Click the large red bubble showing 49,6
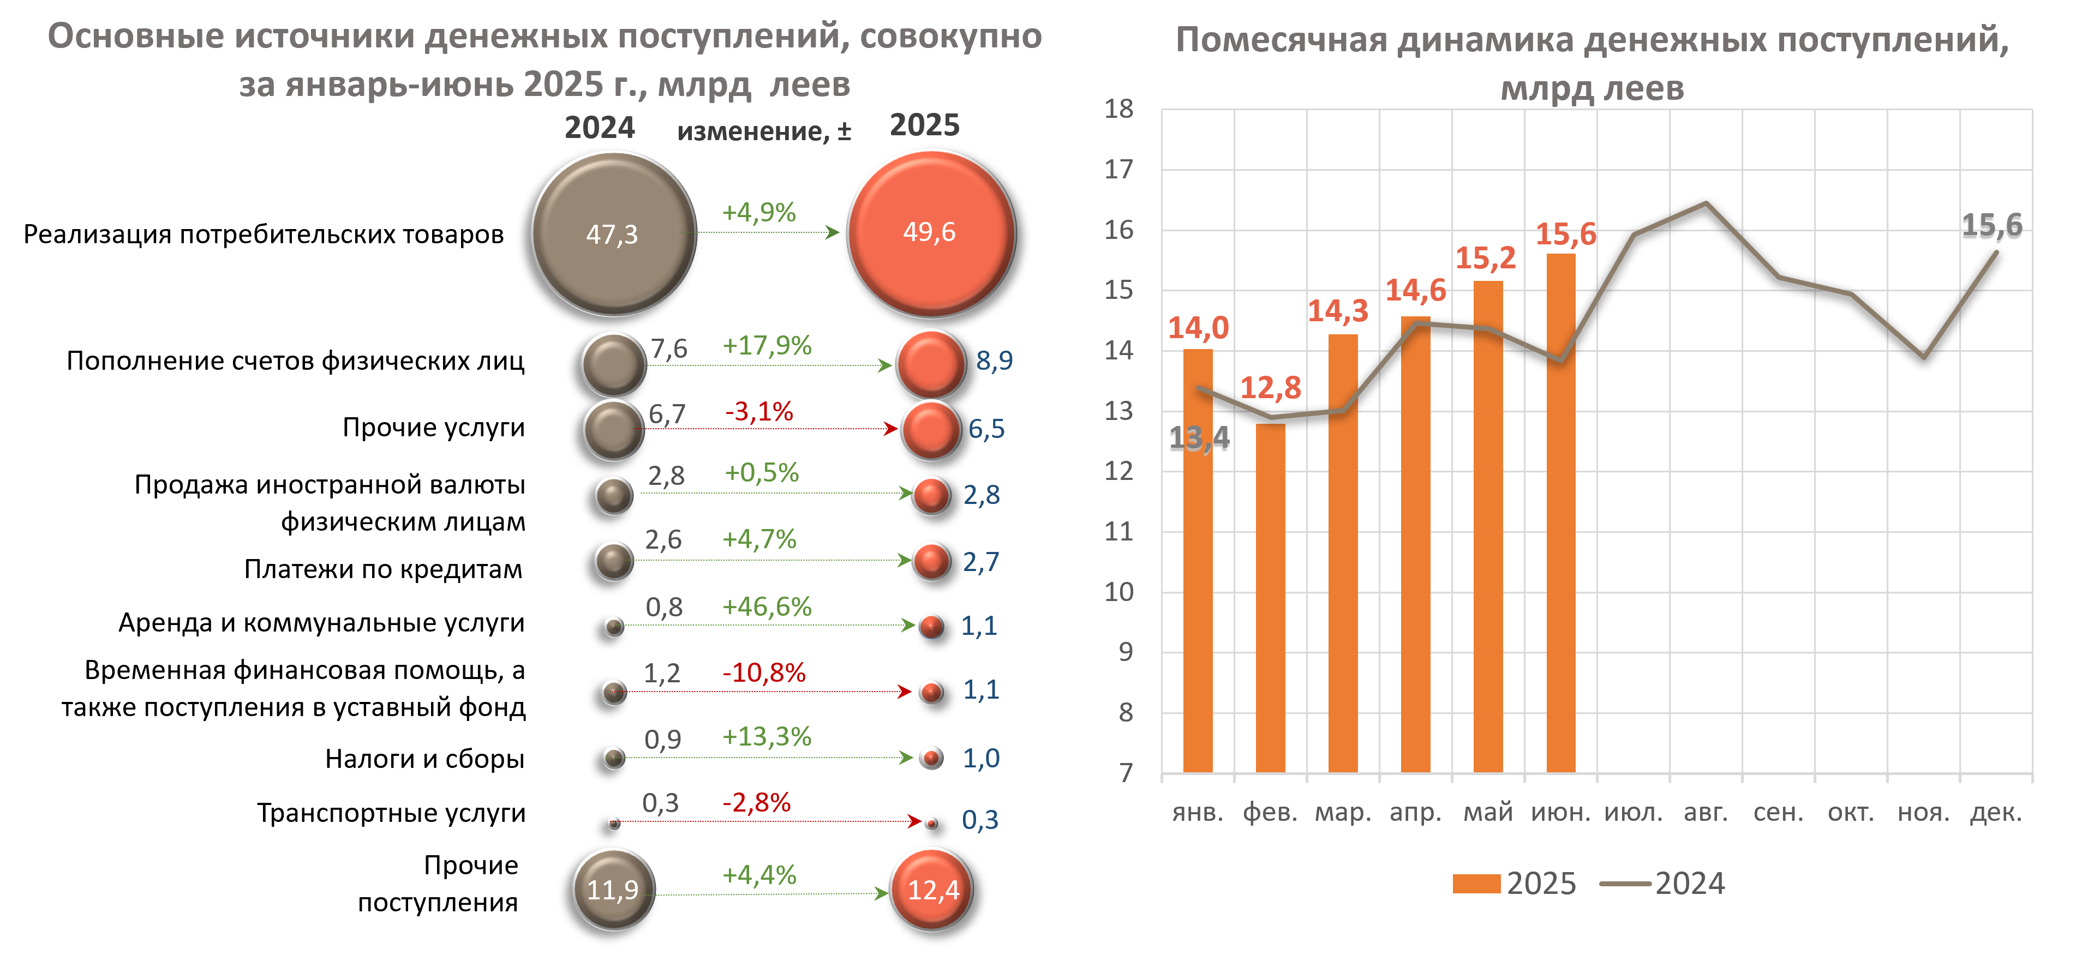[x=930, y=233]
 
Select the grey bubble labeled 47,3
[x=613, y=233]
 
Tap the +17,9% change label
[x=766, y=346]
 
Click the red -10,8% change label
[x=764, y=673]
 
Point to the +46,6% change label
[x=766, y=607]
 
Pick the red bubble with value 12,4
[x=931, y=890]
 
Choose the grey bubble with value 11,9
[x=613, y=890]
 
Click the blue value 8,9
[x=994, y=361]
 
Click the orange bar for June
[x=1561, y=513]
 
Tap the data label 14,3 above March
[x=1338, y=311]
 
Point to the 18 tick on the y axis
[x=1120, y=109]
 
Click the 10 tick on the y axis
[x=1120, y=592]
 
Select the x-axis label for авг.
[x=1706, y=812]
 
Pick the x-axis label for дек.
[x=1995, y=812]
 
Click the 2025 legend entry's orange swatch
[x=1476, y=883]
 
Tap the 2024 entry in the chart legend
[x=1689, y=883]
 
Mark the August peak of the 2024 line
[x=1706, y=203]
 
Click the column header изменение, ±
[x=764, y=131]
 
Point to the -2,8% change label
[x=757, y=803]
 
